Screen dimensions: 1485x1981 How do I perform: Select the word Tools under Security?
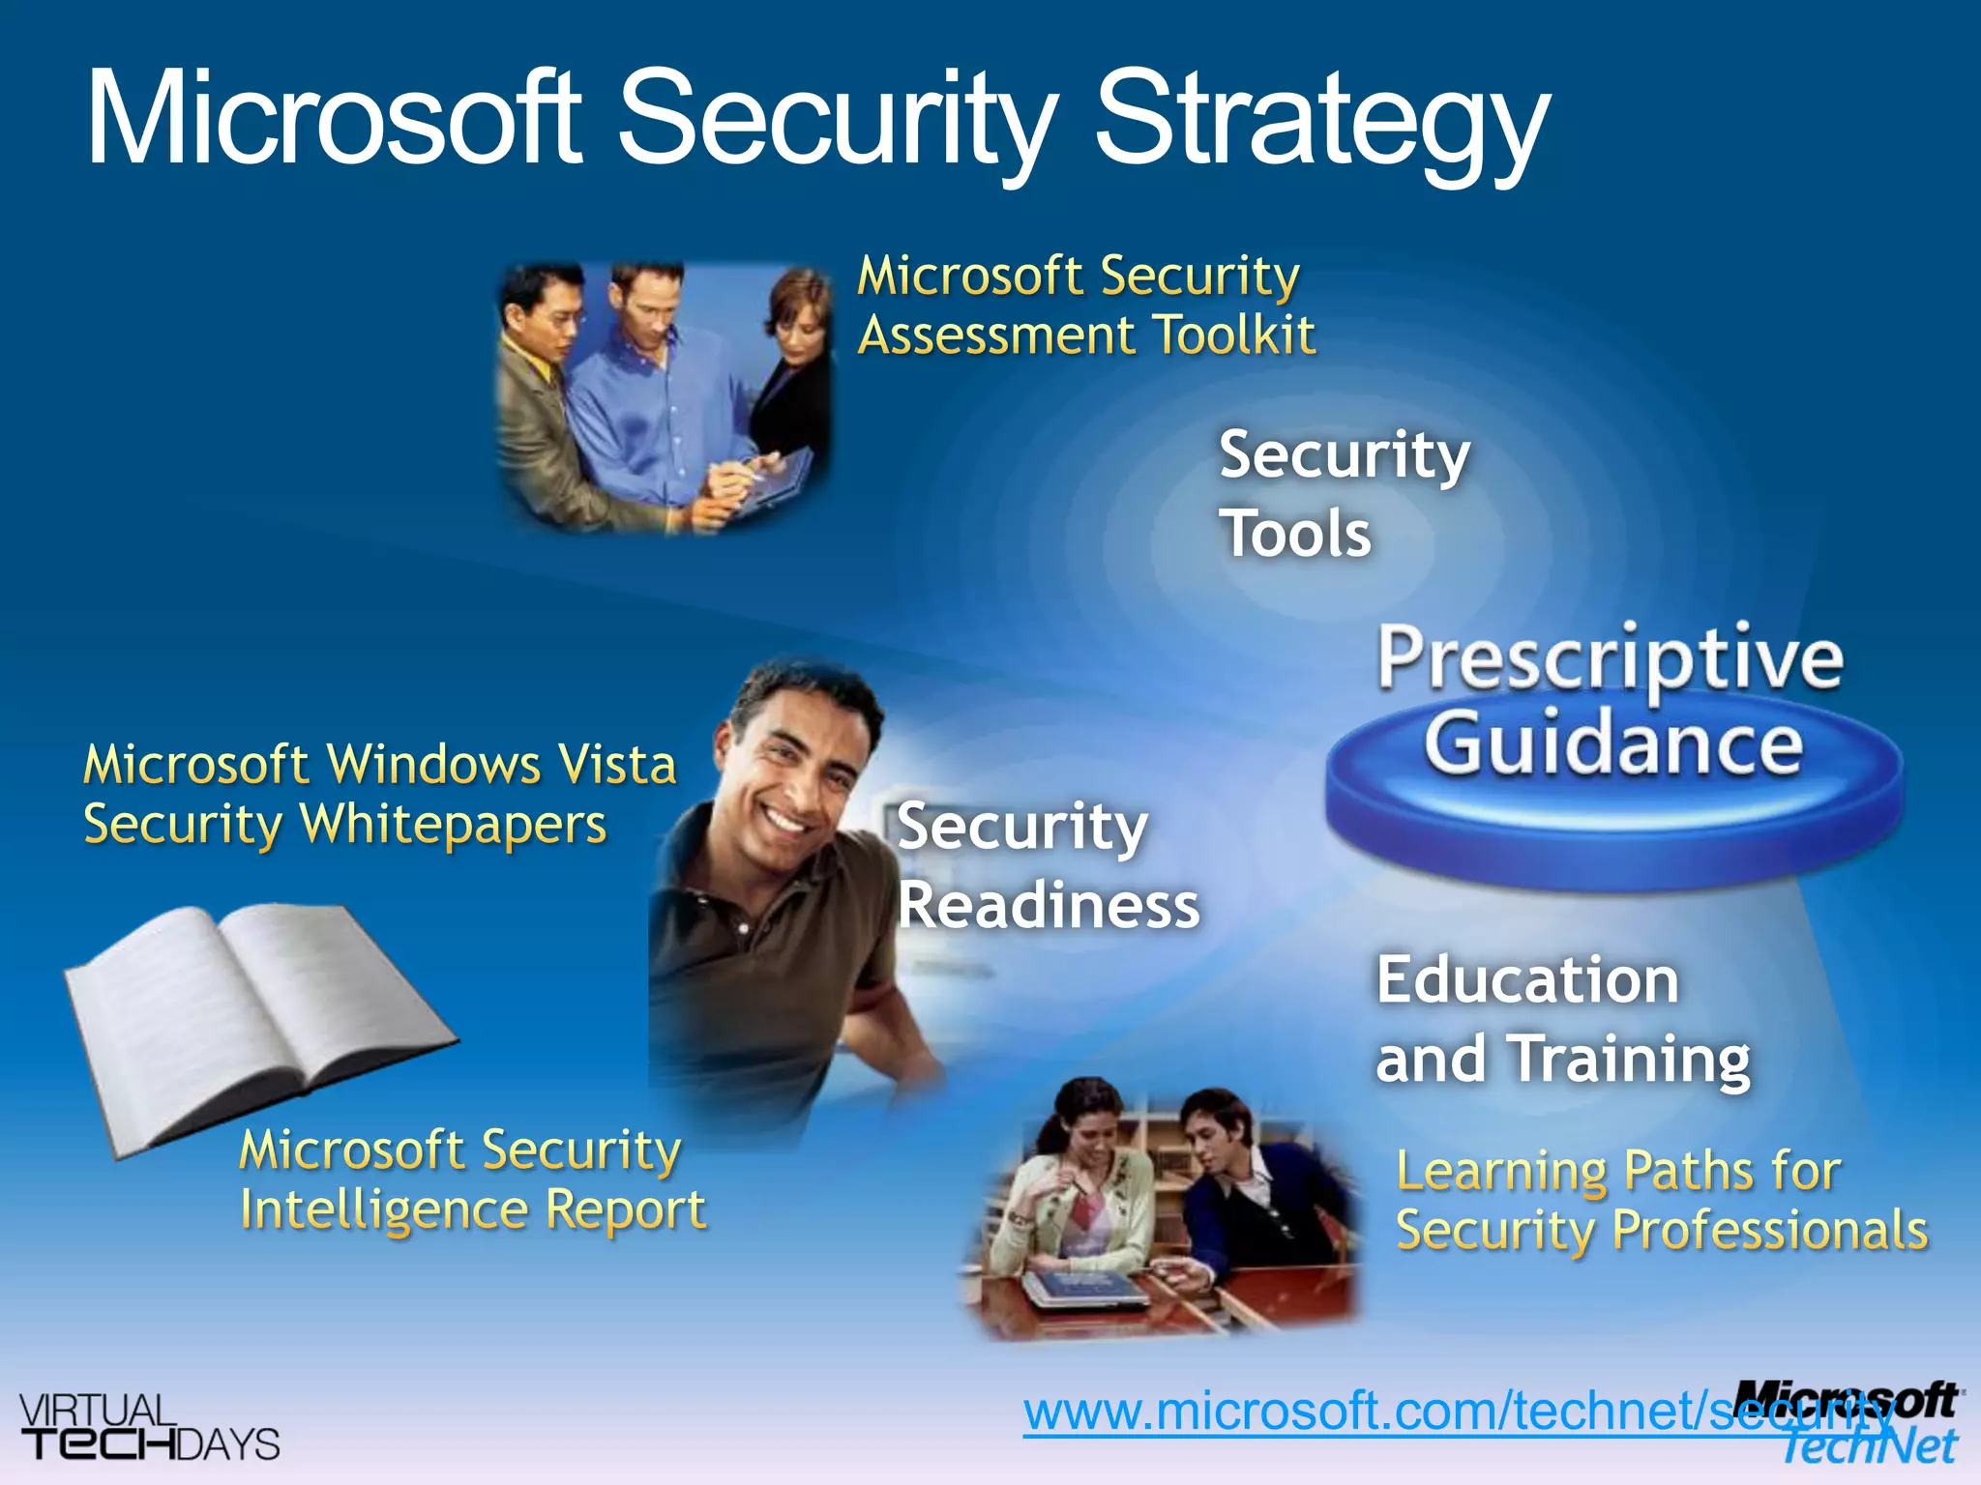tap(1295, 534)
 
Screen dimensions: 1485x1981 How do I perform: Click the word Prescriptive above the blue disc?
tap(1611, 660)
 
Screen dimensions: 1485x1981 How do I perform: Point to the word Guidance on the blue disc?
tap(1613, 744)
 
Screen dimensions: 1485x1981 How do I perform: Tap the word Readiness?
tap(1049, 906)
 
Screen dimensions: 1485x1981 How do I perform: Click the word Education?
tap(1527, 980)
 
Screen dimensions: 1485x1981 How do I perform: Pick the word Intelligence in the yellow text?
tap(383, 1210)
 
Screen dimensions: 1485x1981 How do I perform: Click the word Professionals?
tap(1770, 1231)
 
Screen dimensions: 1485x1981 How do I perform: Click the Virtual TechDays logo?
tap(149, 1427)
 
